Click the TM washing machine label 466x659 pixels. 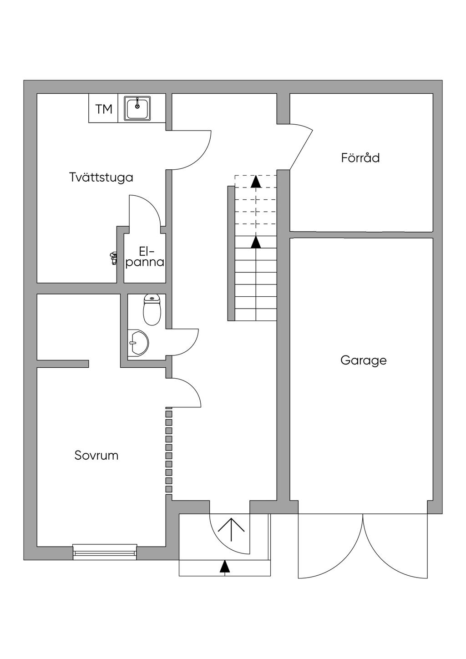[104, 109]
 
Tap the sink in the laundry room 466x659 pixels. [137, 109]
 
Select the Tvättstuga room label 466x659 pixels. [101, 177]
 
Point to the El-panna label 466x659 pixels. [145, 257]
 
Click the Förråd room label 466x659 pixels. [360, 158]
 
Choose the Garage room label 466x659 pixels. [363, 360]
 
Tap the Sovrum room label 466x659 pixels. [96, 455]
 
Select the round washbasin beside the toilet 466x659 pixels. [138, 342]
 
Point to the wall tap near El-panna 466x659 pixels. [112, 258]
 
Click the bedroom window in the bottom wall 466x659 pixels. [105, 551]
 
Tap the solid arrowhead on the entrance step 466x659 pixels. [224, 566]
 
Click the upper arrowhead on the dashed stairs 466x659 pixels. [256, 181]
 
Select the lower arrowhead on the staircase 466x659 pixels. [256, 242]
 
